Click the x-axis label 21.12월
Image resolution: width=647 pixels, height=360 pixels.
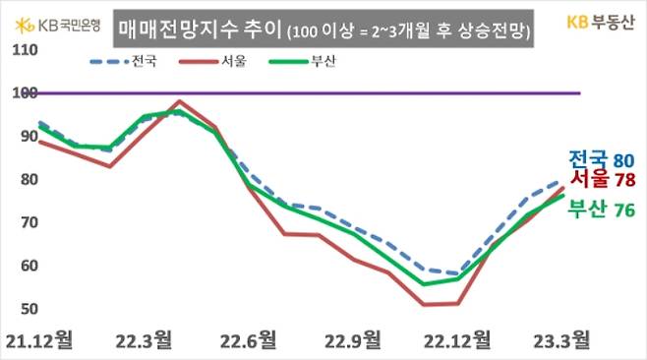pyautogui.click(x=39, y=341)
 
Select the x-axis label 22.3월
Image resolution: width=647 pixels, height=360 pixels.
pyautogui.click(x=144, y=341)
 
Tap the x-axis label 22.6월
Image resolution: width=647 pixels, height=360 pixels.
pyautogui.click(x=248, y=341)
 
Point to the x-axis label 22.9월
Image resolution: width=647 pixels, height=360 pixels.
pyautogui.click(x=352, y=341)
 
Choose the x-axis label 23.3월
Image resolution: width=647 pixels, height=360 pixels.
pyautogui.click(x=561, y=341)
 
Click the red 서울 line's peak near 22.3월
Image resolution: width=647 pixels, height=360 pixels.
pyautogui.click(x=179, y=101)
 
